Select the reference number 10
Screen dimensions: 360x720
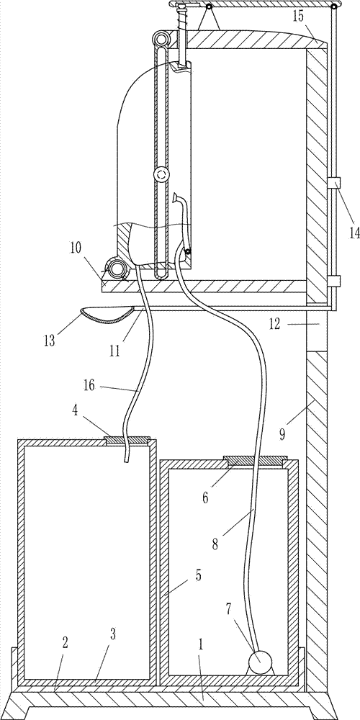(x=76, y=248)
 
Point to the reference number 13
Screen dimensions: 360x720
(x=50, y=341)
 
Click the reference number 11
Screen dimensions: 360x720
(x=114, y=352)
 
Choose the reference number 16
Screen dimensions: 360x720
(x=89, y=385)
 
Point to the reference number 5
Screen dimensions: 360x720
(x=199, y=574)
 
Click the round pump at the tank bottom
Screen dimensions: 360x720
(x=261, y=663)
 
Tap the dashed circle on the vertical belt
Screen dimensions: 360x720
(x=161, y=174)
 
